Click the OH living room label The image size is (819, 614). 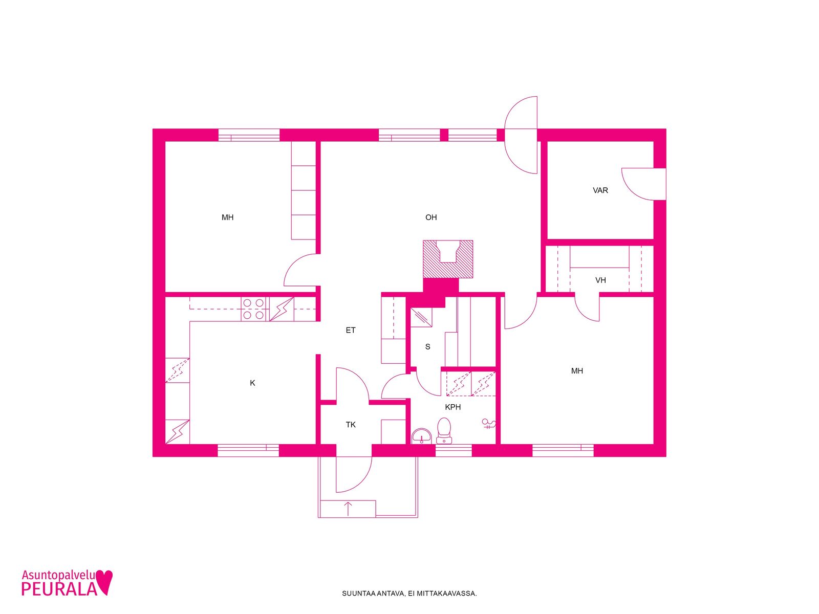(x=430, y=217)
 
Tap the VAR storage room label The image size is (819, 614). (x=600, y=190)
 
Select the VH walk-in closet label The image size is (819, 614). (x=600, y=280)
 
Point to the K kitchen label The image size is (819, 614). (x=252, y=383)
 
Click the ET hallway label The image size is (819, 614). (x=350, y=330)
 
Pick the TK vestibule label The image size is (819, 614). (x=350, y=425)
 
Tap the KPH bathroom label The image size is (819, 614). (x=452, y=407)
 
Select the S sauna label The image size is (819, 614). (x=427, y=347)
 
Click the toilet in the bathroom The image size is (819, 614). (x=444, y=431)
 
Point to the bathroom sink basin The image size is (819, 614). (x=421, y=436)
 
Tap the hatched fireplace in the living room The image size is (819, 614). (x=448, y=259)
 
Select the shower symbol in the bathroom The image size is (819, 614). (x=488, y=424)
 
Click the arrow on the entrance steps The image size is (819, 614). (x=348, y=509)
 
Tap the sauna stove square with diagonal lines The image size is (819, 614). (x=421, y=317)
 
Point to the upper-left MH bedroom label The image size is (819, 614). (x=227, y=217)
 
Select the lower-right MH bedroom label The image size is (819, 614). (x=577, y=371)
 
